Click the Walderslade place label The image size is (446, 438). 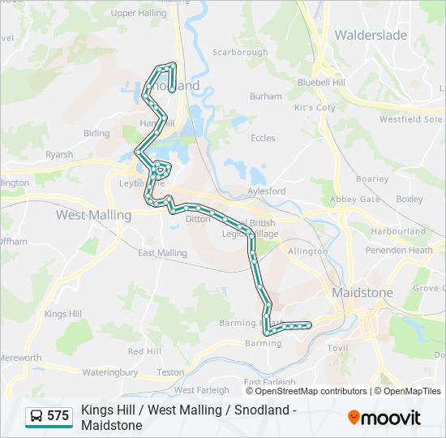click(x=371, y=35)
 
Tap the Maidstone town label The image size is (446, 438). click(x=362, y=293)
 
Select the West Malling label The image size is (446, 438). click(x=93, y=215)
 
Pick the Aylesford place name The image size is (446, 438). click(x=267, y=191)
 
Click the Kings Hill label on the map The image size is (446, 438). click(x=63, y=314)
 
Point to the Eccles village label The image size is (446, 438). click(x=263, y=139)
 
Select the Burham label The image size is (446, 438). click(x=266, y=97)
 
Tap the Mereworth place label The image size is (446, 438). click(x=20, y=358)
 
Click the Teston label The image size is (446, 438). click(x=170, y=372)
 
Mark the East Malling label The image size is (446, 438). click(x=162, y=253)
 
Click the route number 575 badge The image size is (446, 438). click(x=58, y=416)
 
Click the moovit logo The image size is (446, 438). click(x=384, y=418)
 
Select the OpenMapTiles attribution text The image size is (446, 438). click(x=411, y=391)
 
